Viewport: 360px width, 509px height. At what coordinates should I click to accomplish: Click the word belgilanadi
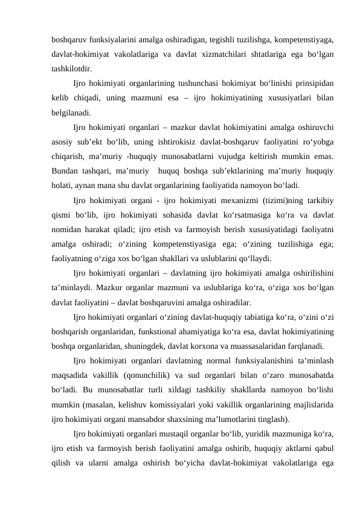click(72, 112)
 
